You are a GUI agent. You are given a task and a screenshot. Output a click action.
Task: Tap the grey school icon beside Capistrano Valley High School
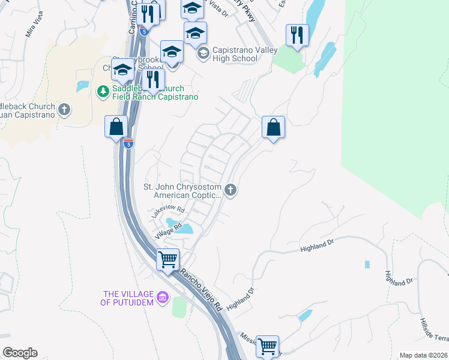(x=202, y=54)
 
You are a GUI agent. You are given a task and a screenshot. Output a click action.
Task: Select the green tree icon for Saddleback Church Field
(x=101, y=91)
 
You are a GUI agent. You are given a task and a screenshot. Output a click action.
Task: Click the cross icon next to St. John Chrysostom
(x=231, y=191)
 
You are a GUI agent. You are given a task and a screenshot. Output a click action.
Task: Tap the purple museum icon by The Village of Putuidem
(x=161, y=297)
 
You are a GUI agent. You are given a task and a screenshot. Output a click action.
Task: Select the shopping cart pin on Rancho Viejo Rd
(x=168, y=260)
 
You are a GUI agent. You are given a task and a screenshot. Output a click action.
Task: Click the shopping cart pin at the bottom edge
(x=267, y=346)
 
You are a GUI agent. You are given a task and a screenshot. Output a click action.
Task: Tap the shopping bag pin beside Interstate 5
(x=116, y=127)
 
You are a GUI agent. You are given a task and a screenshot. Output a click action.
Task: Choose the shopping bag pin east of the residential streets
(x=273, y=127)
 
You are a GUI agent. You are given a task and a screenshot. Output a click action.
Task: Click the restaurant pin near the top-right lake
(x=297, y=35)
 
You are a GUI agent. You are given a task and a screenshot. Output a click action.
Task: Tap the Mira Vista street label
(x=34, y=27)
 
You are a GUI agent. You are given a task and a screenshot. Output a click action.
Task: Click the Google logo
(x=20, y=353)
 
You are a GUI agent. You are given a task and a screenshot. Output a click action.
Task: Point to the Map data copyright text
(x=423, y=355)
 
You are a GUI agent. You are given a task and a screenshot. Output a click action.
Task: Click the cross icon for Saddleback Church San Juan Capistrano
(x=64, y=110)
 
